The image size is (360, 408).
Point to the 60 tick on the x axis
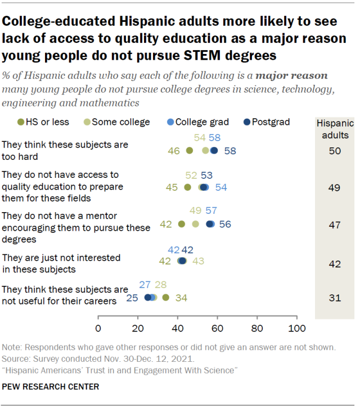click(x=218, y=328)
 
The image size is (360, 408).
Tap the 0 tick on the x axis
click(x=98, y=328)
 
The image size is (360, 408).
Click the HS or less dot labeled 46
click(x=190, y=150)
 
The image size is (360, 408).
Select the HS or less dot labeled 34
click(x=166, y=297)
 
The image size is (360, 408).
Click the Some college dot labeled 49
click(x=196, y=224)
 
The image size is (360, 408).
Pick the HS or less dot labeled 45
click(x=188, y=187)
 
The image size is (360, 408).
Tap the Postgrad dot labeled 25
click(x=148, y=297)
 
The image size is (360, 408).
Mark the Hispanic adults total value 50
click(x=335, y=150)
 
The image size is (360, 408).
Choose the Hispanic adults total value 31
click(x=335, y=297)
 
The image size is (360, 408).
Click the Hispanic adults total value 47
click(x=335, y=224)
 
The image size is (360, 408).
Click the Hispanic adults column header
click(x=335, y=129)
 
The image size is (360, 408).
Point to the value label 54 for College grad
click(x=221, y=187)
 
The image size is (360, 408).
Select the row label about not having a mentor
click(x=76, y=228)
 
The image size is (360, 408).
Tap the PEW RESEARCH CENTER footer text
click(x=51, y=387)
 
